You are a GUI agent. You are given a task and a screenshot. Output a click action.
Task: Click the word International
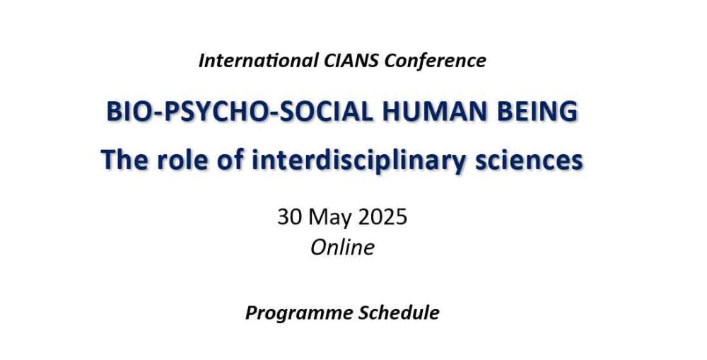(x=258, y=60)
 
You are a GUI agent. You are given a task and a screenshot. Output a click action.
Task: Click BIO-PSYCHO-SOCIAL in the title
(x=240, y=112)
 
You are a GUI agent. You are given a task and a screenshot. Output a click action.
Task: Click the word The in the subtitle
(x=124, y=160)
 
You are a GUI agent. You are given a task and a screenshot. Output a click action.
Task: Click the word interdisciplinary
(x=358, y=161)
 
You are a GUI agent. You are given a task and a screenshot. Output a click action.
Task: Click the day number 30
(x=289, y=217)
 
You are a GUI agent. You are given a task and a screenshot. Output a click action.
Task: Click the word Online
(x=343, y=248)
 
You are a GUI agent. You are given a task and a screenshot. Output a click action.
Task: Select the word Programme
(x=298, y=313)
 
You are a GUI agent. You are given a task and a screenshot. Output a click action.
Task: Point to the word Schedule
(x=399, y=312)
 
